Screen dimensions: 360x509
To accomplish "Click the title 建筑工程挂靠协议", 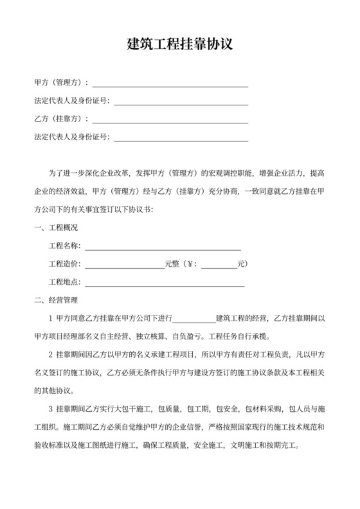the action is pyautogui.click(x=179, y=44).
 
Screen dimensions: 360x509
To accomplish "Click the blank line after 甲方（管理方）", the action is pyautogui.click(x=171, y=84).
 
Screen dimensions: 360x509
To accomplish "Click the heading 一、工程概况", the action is pyautogui.click(x=56, y=228).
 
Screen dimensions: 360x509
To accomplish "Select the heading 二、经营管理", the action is pyautogui.click(x=56, y=299).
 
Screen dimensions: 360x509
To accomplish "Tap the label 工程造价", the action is pyautogui.click(x=65, y=263).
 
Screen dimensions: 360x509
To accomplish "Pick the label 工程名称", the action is pyautogui.click(x=65, y=246).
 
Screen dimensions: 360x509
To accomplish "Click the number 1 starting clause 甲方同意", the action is pyautogui.click(x=51, y=317).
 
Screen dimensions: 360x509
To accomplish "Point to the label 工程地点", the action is pyautogui.click(x=65, y=281).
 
